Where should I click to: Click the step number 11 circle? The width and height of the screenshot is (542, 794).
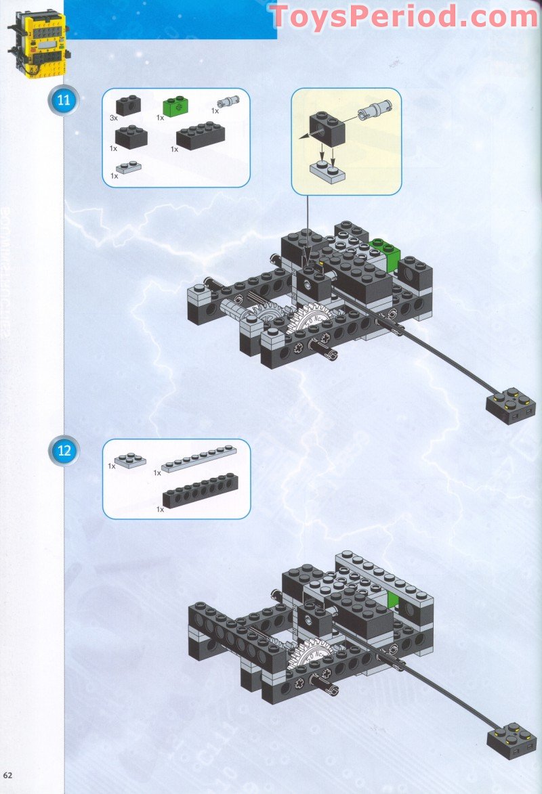click(x=64, y=102)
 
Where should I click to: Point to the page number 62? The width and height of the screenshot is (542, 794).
click(x=8, y=774)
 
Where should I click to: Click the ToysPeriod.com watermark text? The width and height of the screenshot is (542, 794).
click(x=404, y=16)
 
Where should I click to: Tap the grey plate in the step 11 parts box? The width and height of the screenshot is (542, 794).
click(x=128, y=167)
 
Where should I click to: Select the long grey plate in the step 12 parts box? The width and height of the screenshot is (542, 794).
click(x=199, y=458)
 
